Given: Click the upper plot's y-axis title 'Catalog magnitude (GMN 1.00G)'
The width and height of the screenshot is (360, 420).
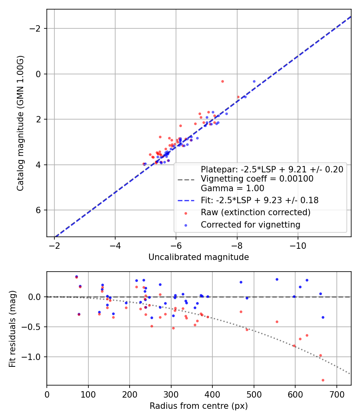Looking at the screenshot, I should coord(21,123).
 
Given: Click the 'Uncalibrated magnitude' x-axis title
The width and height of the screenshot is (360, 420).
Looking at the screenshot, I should coord(198,257).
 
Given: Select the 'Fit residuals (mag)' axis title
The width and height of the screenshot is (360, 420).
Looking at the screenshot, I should coord(13,328).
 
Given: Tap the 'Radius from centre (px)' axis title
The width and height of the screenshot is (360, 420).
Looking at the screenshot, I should coord(198,406).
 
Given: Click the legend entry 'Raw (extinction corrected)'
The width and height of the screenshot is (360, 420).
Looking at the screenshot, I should coord(256,212).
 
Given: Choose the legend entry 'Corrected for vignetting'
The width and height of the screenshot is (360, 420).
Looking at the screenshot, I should coord(250,225).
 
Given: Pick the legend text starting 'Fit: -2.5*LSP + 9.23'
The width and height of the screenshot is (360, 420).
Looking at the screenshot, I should coord(260,200).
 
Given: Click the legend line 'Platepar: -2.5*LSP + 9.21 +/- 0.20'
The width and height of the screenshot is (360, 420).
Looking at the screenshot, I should coord(272,170).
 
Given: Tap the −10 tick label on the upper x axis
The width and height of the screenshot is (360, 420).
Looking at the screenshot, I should coord(298,245).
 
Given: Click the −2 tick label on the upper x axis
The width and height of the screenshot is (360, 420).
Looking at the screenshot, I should coord(54,245).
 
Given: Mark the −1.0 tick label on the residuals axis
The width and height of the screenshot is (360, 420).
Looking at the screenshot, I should coord(34,357).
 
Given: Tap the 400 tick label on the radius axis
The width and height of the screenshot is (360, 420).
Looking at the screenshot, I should coord(212,394).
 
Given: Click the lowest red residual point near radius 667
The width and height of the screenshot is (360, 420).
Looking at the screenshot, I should coord(323,380).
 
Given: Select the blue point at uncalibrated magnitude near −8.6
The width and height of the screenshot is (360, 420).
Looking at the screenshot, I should coord(254,81).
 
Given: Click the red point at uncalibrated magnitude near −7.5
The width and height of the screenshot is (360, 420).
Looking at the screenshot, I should coord(222,81).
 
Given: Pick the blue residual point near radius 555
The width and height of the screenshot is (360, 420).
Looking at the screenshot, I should coord(277,279).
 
